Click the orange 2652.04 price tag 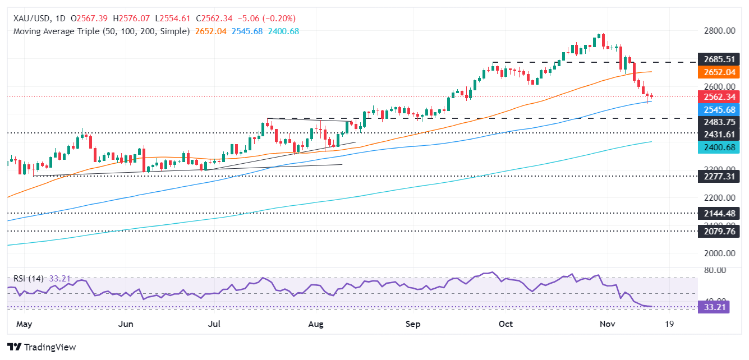click(721, 72)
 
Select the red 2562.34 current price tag click(721, 96)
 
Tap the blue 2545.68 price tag click(721, 109)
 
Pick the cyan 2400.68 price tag click(721, 147)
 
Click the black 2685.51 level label click(721, 59)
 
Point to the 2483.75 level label click(721, 122)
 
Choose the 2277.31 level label click(721, 176)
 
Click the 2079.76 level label click(721, 231)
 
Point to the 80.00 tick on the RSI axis click(716, 270)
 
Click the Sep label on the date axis click(413, 324)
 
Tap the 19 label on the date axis click(669, 324)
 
